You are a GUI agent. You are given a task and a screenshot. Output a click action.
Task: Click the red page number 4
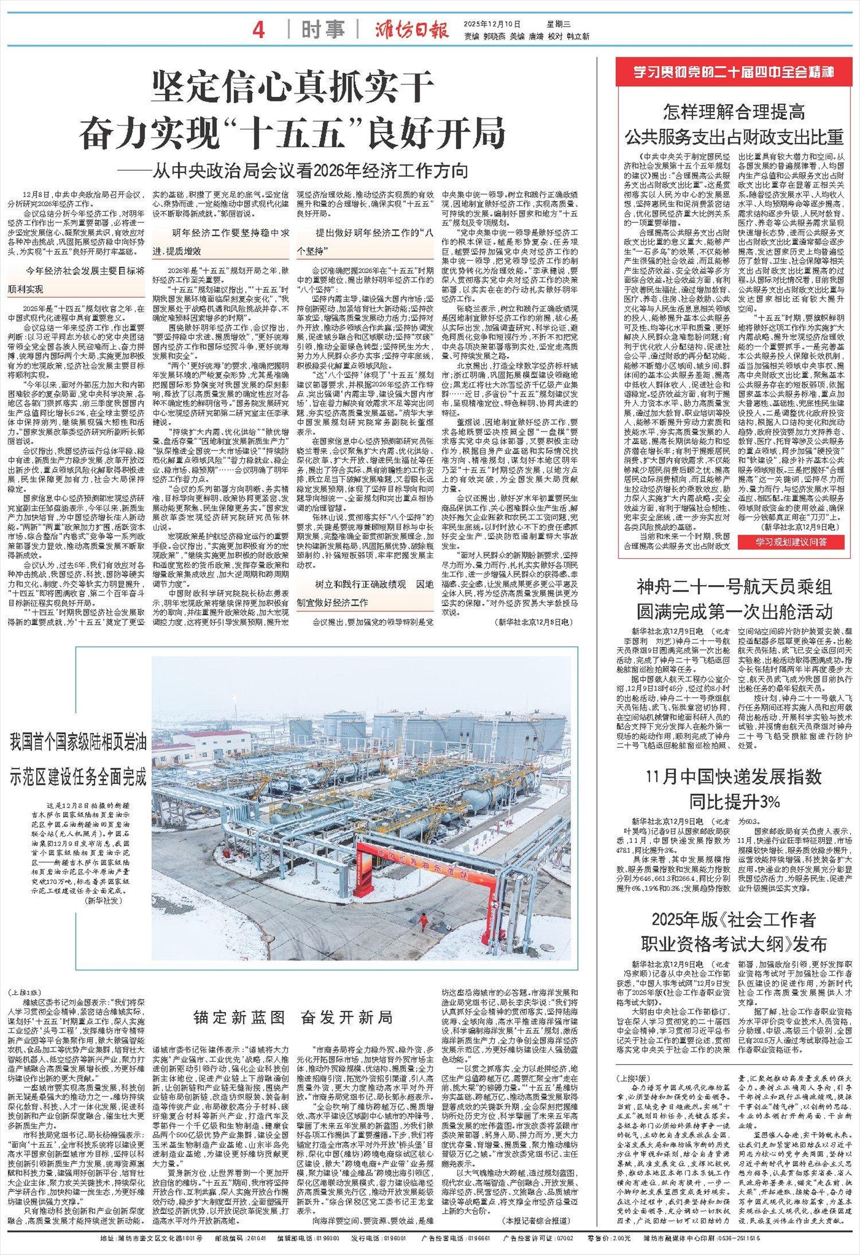coord(259,30)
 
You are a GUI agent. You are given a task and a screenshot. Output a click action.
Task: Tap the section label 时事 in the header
coord(323,30)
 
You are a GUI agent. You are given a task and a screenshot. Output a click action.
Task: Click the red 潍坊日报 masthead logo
coord(412,30)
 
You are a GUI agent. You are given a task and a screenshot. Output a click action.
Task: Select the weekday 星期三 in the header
coord(558,24)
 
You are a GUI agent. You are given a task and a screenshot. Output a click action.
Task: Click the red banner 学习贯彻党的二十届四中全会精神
coord(734,73)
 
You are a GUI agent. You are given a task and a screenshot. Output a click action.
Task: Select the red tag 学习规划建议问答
coord(791,542)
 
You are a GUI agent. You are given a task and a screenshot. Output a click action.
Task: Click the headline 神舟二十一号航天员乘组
coord(734,587)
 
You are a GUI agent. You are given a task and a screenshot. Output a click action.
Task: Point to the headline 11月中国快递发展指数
coord(734,777)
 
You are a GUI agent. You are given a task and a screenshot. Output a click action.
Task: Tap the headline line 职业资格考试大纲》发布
coord(734,944)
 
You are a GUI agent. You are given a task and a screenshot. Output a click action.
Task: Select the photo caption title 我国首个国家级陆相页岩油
coord(78,743)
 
